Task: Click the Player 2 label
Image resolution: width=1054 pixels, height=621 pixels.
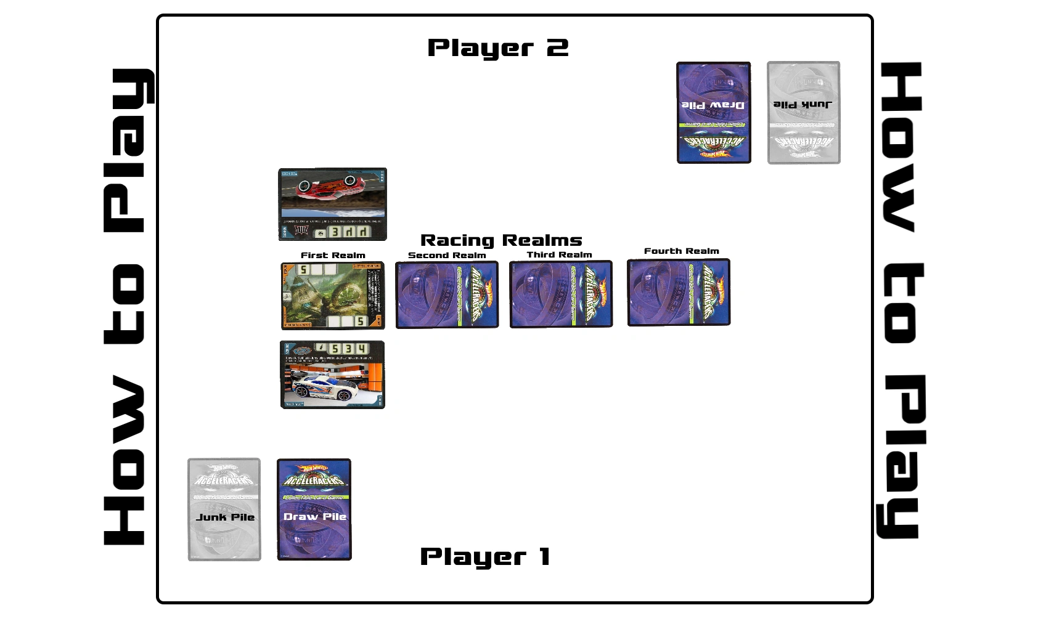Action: tap(497, 48)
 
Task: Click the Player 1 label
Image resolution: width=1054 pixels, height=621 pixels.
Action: tap(484, 556)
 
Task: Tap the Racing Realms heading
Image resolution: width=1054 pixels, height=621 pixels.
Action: tap(501, 240)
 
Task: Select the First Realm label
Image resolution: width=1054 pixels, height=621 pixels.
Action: tap(333, 255)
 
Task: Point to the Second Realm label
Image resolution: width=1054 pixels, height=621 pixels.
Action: tap(447, 255)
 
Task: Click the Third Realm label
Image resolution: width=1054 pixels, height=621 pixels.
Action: tap(559, 254)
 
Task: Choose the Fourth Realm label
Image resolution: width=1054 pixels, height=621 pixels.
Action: tap(681, 251)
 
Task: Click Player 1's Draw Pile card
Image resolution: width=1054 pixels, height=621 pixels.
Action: tap(314, 509)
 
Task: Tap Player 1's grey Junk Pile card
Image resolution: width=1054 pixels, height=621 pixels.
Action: tap(224, 509)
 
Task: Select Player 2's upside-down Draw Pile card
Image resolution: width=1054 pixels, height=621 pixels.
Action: tap(714, 113)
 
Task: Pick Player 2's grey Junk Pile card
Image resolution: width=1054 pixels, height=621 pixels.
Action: tap(804, 113)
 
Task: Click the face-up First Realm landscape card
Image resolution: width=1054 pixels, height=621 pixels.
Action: tap(333, 296)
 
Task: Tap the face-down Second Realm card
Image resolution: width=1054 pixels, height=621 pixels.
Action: tap(447, 294)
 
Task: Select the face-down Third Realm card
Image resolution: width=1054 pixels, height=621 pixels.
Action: tap(561, 294)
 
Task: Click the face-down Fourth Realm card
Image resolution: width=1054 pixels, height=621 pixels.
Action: tap(679, 292)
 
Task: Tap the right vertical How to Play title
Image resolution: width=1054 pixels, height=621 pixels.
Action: tap(901, 301)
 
